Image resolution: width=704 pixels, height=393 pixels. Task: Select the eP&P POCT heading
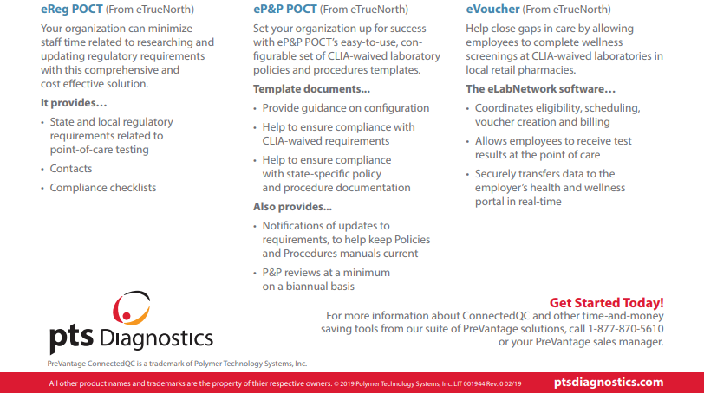pyautogui.click(x=285, y=10)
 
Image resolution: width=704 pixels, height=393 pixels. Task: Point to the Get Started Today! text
pyautogui.click(x=606, y=302)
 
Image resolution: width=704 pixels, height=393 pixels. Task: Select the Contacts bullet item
pyautogui.click(x=71, y=169)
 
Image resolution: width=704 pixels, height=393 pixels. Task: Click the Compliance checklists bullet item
pyautogui.click(x=103, y=188)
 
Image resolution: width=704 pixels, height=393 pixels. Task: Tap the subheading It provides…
pyautogui.click(x=74, y=103)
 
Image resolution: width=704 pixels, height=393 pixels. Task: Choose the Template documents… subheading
pyautogui.click(x=311, y=89)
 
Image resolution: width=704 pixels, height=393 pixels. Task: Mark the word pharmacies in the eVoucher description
pyautogui.click(x=546, y=70)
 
